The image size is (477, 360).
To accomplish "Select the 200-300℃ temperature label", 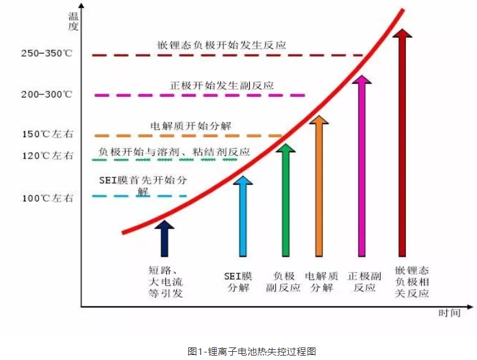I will [47, 94].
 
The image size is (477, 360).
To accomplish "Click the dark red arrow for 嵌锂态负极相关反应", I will [403, 142].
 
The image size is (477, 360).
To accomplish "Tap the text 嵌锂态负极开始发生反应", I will [222, 45].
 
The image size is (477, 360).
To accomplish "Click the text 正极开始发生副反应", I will [222, 85].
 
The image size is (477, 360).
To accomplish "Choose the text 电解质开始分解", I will [191, 126].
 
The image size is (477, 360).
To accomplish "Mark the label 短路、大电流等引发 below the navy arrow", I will [166, 281].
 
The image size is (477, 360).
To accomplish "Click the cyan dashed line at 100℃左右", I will [140, 196].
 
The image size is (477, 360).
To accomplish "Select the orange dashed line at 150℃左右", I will [188, 136].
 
